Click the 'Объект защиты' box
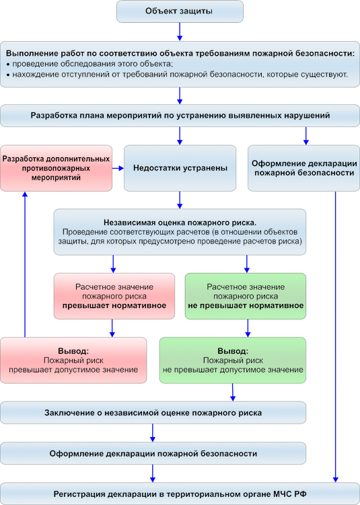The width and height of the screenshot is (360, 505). tap(180, 11)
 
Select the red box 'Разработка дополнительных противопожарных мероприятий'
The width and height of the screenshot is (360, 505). tap(56, 168)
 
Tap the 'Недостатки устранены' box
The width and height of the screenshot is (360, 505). tap(180, 168)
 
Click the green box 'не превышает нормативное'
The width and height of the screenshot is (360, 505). tap(245, 297)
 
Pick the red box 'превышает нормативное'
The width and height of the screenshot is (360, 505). tap(114, 297)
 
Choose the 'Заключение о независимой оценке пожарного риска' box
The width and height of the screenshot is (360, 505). tap(153, 413)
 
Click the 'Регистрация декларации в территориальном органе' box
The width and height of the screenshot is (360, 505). tap(180, 494)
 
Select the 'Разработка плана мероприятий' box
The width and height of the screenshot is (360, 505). tap(180, 115)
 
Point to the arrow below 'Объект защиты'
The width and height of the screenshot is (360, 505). tap(180, 32)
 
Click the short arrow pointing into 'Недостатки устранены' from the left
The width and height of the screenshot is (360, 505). tap(118, 168)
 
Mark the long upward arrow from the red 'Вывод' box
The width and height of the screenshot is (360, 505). tap(25, 264)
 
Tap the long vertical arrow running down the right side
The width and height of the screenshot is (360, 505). tap(336, 337)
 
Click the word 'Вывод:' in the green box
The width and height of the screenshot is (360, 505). tap(233, 351)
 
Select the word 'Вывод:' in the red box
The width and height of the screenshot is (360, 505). tap(73, 351)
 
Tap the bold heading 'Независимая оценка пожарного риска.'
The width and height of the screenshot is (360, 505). tap(180, 223)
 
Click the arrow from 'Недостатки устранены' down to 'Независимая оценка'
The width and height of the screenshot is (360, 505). tap(180, 200)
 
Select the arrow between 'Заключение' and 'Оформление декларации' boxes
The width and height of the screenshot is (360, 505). tap(153, 432)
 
